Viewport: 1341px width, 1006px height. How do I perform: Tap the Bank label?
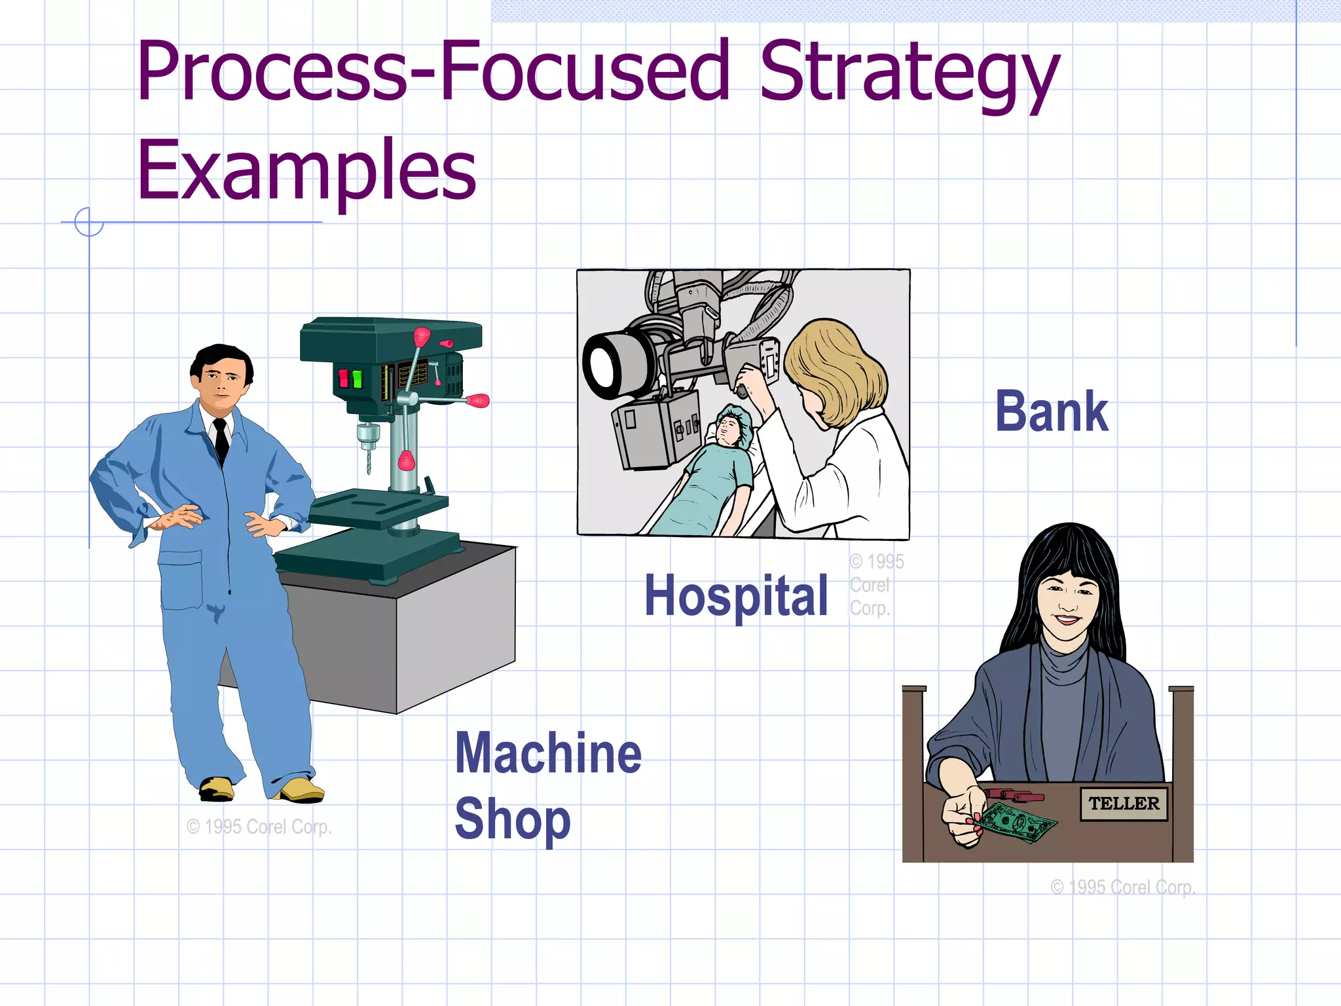[1052, 411]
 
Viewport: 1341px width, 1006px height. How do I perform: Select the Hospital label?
[736, 595]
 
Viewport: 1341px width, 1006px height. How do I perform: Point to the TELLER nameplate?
[1124, 804]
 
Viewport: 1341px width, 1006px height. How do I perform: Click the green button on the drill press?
[357, 379]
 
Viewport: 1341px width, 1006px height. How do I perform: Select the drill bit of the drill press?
[368, 458]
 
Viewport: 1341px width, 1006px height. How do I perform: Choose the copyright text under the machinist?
[259, 827]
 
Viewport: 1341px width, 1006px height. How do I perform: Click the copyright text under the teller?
[1123, 887]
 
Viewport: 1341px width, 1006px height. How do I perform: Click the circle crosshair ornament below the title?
[89, 222]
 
